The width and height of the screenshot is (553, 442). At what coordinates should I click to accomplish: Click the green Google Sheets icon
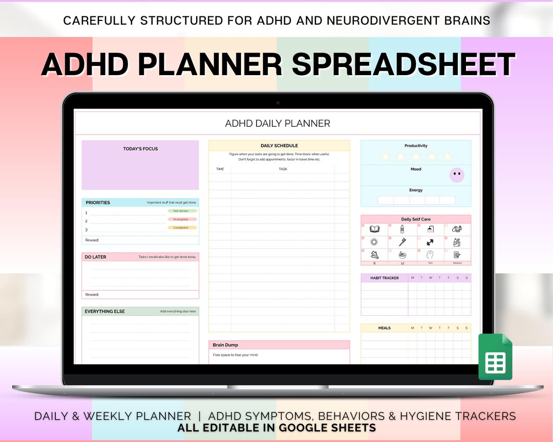[495, 357]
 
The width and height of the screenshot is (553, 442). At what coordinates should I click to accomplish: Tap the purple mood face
[457, 175]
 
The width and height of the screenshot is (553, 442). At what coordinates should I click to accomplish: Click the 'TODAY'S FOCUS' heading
[140, 149]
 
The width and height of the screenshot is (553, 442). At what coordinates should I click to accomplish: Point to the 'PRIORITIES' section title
[98, 203]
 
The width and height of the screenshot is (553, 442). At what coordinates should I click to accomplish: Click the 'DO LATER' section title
[96, 257]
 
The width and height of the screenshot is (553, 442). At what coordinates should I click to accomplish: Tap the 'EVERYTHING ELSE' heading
[105, 311]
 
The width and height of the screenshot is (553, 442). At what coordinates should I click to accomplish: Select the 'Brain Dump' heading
[226, 345]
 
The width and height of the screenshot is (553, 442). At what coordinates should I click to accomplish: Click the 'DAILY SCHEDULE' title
[279, 146]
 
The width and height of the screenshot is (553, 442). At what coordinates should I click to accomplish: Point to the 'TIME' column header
[220, 169]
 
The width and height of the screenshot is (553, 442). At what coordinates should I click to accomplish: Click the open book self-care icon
[374, 229]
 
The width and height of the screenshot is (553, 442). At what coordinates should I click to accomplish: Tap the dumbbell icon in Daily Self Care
[430, 242]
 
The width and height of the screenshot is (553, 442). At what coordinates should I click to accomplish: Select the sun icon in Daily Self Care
[374, 242]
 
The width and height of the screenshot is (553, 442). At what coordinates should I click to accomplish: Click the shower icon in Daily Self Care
[430, 229]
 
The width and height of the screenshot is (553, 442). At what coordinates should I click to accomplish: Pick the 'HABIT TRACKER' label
[384, 278]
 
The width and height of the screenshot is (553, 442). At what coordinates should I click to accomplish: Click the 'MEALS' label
[384, 328]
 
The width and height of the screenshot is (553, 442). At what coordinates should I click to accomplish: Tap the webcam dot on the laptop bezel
[278, 103]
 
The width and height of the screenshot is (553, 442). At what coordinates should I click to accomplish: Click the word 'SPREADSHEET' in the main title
[403, 65]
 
